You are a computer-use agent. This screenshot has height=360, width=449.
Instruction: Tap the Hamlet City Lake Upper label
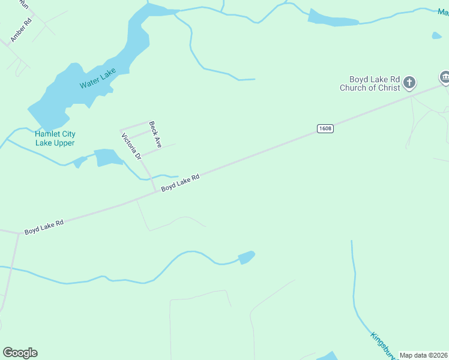click(x=55, y=139)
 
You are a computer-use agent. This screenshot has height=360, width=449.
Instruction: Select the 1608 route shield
click(x=325, y=128)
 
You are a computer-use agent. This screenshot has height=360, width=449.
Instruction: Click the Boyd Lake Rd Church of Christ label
click(x=370, y=83)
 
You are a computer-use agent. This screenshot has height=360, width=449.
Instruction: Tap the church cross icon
click(x=409, y=82)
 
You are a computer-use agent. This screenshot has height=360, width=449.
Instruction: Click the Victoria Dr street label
click(x=131, y=146)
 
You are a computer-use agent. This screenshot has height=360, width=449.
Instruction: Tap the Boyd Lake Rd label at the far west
click(x=44, y=227)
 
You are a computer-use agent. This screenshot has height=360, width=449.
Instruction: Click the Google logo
click(x=20, y=353)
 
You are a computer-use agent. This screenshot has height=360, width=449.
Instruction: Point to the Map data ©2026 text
click(x=423, y=355)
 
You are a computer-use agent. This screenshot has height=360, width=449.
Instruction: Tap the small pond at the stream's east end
click(x=246, y=257)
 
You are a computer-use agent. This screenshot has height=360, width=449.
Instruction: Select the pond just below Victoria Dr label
click(x=108, y=158)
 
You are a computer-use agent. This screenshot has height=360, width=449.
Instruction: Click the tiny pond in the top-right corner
click(x=436, y=35)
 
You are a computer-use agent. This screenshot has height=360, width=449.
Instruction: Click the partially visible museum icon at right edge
click(x=445, y=77)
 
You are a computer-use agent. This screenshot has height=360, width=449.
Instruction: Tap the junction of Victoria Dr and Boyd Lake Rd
click(x=155, y=191)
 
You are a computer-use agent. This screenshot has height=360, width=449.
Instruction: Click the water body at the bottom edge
click(x=328, y=356)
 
